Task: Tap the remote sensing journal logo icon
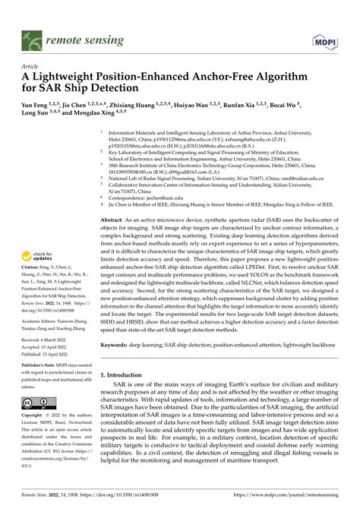tap(31, 37)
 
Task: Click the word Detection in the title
tap(128, 90)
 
